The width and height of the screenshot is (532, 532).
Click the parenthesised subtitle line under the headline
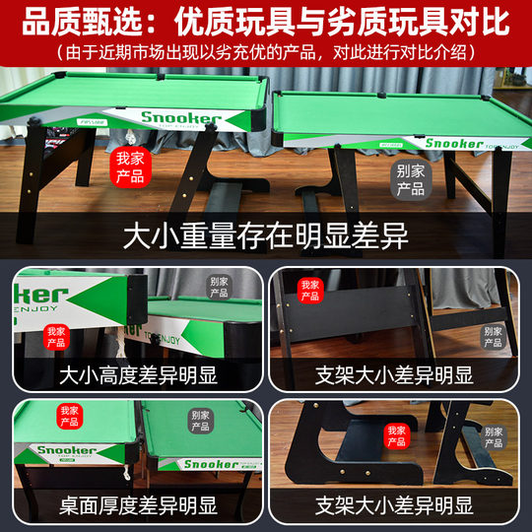pyautogui.click(x=266, y=50)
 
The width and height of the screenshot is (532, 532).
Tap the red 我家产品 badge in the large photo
pyautogui.click(x=130, y=166)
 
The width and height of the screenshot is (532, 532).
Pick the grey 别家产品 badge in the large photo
pyautogui.click(x=410, y=178)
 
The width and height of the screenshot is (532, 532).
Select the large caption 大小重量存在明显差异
pyautogui.click(x=266, y=236)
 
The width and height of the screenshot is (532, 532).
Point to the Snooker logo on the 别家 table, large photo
pyautogui.click(x=454, y=143)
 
